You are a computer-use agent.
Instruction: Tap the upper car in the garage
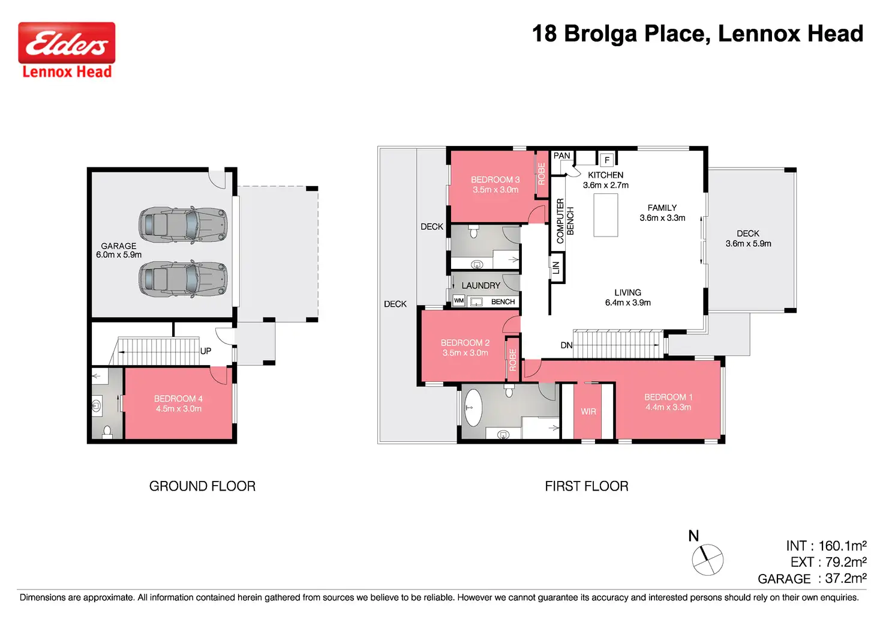click(x=183, y=225)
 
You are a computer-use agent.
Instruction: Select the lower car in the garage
click(x=183, y=279)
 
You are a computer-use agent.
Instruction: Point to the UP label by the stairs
click(x=206, y=351)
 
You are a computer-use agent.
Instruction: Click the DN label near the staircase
click(x=566, y=345)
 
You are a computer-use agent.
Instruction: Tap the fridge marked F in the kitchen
click(x=607, y=160)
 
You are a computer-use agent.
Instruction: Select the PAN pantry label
click(x=561, y=156)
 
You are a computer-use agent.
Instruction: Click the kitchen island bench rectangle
click(x=606, y=215)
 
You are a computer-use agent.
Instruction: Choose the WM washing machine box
click(x=459, y=301)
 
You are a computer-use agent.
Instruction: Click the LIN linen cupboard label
click(x=556, y=268)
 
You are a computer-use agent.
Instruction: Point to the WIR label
click(x=588, y=411)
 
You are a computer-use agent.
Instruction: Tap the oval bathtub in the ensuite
click(x=473, y=408)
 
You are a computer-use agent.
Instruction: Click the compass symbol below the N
click(x=708, y=560)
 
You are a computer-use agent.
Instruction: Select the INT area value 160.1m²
click(x=842, y=546)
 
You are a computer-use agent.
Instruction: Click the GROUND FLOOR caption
click(x=202, y=486)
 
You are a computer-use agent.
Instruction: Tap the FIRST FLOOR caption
click(x=587, y=486)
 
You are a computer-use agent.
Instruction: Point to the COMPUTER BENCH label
click(x=565, y=220)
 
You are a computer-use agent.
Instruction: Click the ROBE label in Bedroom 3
click(x=542, y=174)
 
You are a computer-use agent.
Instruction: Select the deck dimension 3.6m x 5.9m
click(x=748, y=243)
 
